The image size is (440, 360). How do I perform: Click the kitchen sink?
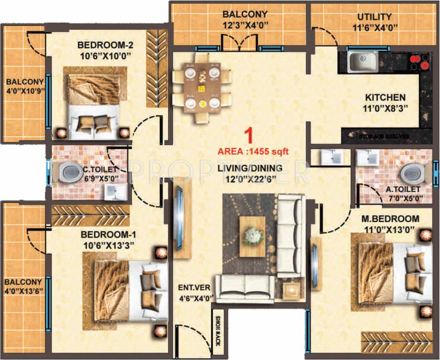(362, 61)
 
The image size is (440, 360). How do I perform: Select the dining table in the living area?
(202, 87)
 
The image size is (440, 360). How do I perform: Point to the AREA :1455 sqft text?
(253, 151)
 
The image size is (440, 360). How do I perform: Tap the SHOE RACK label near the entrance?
(217, 331)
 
